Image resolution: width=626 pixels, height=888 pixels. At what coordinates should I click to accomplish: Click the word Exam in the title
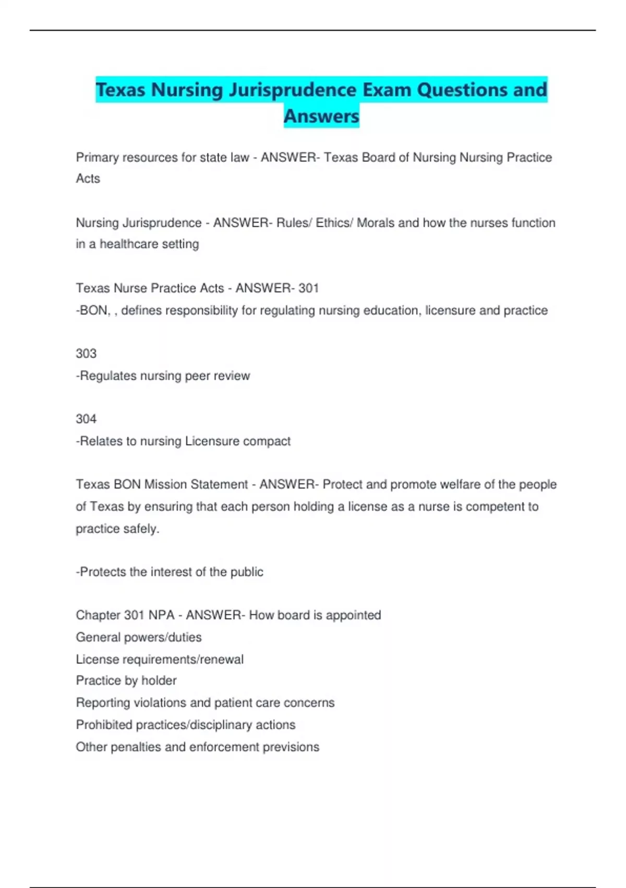tap(387, 90)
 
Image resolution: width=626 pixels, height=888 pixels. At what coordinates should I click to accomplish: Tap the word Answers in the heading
tap(321, 116)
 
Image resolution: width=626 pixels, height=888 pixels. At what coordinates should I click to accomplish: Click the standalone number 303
tap(86, 354)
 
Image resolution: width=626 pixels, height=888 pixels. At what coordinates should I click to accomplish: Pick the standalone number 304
tap(86, 419)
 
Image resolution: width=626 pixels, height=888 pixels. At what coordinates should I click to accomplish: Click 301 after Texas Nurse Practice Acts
tap(308, 288)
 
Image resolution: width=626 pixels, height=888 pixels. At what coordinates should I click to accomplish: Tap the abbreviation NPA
tap(161, 615)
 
